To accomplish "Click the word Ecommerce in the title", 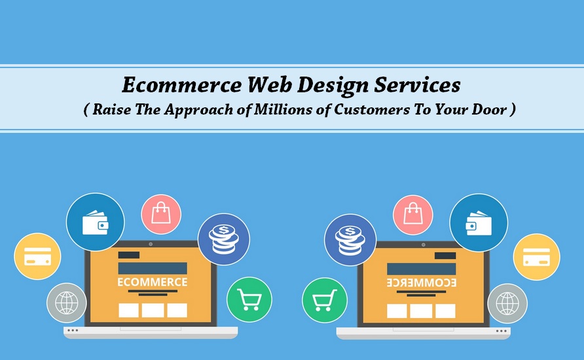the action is coord(182,84).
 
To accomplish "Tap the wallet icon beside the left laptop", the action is coord(96,223).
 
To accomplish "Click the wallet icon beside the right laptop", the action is coord(479,223).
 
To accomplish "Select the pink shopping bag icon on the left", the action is coord(161,215).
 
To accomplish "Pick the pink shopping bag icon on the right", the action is coord(413,215).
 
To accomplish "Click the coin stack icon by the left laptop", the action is coord(223,240).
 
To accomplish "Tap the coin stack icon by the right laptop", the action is coord(350,240).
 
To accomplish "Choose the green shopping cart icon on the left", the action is coord(249,300).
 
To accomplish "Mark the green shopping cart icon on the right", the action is coord(325,300).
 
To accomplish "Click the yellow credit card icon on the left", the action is coord(37,257).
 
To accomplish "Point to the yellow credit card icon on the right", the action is coord(537,257).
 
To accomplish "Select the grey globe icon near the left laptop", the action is coord(67,303).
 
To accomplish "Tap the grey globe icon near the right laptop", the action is coord(507,304).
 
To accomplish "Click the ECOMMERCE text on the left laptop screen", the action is coord(153,282).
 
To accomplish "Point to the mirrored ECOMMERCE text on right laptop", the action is coord(421,283).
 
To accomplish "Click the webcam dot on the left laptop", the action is coord(151,244).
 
